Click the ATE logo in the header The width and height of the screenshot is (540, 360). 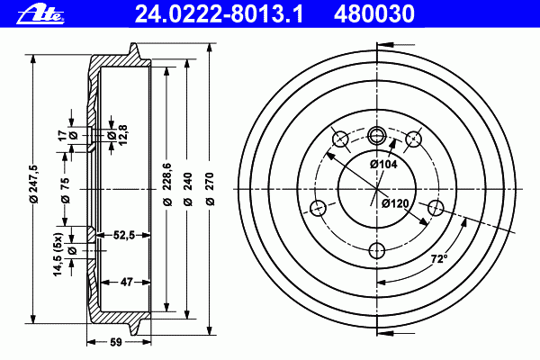pos(40,15)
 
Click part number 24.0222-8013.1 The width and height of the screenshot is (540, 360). pos(219,14)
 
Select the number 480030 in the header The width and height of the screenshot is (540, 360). pos(374,14)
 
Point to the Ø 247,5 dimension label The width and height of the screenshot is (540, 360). pos(33,184)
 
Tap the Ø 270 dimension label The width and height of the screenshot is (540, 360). pos(211,189)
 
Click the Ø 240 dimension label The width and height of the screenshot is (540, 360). pos(188,189)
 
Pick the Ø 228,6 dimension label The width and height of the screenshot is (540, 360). pos(167,185)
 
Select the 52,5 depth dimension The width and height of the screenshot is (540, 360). pos(123,235)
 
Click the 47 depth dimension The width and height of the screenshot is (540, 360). pos(126,282)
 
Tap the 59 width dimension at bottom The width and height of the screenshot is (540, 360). pos(116,342)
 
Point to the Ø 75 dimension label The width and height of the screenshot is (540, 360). pos(65,190)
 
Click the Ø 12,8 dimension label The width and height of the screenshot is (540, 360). pos(118,135)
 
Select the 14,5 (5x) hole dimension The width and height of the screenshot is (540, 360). pos(63,254)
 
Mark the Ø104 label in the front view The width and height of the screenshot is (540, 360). pos(383,165)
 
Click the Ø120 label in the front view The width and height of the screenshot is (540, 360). pos(395,203)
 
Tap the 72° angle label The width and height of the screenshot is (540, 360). pos(439,258)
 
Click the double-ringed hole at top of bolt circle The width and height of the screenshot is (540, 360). pos(377,135)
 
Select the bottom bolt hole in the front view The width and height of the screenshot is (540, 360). pos(377,250)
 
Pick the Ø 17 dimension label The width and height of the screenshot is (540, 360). pos(67,135)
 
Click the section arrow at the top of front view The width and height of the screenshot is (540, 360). pos(396,45)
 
